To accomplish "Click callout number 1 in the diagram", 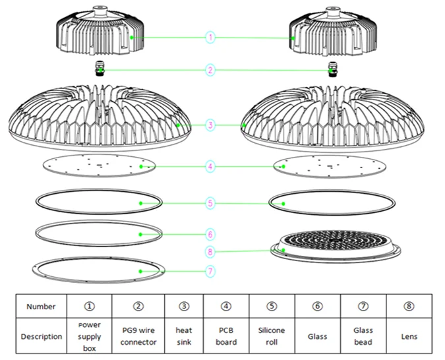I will [210, 38].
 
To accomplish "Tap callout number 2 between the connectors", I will [210, 70].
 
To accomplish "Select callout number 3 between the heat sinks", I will [210, 125].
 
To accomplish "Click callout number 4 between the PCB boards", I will [210, 167].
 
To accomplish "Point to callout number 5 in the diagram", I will [210, 203].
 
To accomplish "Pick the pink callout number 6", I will [210, 233].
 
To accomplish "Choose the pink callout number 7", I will [210, 270].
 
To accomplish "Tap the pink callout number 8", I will [210, 251].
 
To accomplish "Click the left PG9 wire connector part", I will [100, 68].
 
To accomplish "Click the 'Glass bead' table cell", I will [363, 336].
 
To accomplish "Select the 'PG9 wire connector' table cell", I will [138, 336].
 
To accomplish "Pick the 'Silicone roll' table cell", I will [272, 336].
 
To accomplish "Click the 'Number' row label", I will [41, 306].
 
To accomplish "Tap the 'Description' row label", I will [41, 336].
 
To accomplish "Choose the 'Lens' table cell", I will [409, 336].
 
